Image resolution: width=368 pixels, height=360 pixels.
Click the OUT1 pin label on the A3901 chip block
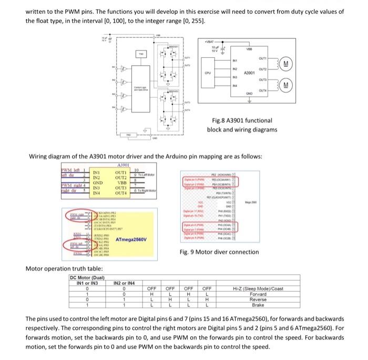pyautogui.click(x=264, y=59)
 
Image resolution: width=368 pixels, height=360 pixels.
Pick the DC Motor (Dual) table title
pyautogui.click(x=87, y=277)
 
